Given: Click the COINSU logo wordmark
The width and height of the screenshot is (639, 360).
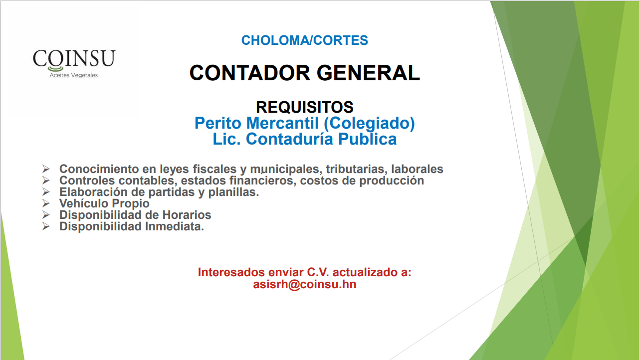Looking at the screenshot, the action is [x=74, y=58].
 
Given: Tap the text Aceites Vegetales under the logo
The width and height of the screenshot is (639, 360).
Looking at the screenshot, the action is [x=74, y=75].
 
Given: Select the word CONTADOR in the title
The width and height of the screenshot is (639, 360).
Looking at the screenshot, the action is [x=250, y=73].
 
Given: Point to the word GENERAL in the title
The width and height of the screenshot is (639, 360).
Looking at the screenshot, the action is [x=368, y=73].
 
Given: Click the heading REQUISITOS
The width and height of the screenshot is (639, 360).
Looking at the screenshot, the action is [x=305, y=107].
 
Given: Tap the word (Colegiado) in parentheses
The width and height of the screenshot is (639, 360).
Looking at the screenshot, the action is [x=369, y=123].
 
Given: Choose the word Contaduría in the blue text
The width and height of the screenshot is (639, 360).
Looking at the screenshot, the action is [x=289, y=139].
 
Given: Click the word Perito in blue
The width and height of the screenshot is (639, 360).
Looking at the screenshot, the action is [x=218, y=123].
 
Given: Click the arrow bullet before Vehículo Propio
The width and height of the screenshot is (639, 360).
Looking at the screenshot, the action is [x=46, y=203].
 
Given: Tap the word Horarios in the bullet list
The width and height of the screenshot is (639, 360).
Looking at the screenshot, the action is [x=187, y=215].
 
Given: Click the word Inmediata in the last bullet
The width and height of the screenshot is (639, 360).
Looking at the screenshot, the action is [x=173, y=226].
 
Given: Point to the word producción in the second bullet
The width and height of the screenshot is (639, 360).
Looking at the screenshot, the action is [x=392, y=181].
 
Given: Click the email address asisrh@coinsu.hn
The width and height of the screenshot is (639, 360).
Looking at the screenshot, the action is [x=305, y=284].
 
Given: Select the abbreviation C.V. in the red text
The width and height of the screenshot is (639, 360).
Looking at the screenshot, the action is [x=318, y=272].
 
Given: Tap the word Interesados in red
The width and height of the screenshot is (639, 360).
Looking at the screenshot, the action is [x=231, y=272].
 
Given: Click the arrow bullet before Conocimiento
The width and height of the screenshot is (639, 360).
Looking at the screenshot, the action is [x=46, y=169].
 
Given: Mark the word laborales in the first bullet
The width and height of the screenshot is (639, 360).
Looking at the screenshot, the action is [x=417, y=169].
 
